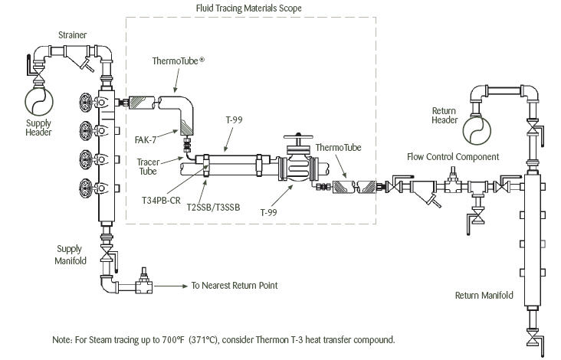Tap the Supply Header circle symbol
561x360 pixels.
tap(38, 100)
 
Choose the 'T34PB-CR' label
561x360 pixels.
tap(160, 198)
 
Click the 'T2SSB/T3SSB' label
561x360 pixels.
tap(212, 208)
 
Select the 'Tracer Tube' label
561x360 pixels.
tap(148, 166)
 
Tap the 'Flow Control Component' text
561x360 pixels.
tap(453, 157)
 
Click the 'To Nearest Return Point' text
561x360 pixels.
tap(235, 286)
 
